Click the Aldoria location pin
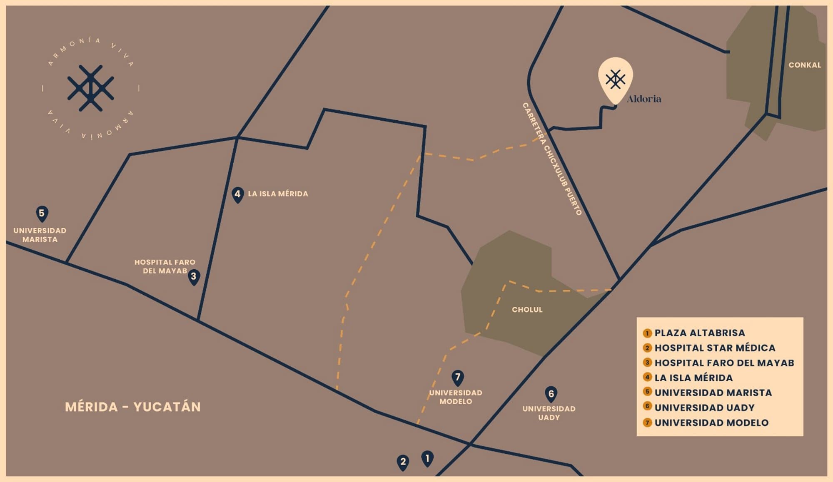click(x=615, y=79)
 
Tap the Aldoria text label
click(x=644, y=99)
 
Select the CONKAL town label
click(x=804, y=65)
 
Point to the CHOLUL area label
click(x=527, y=310)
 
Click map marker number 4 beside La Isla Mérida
click(x=237, y=194)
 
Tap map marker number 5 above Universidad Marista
click(x=42, y=214)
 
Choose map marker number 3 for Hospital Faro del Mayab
click(x=194, y=276)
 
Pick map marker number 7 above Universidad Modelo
click(x=458, y=378)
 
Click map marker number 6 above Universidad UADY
click(x=551, y=394)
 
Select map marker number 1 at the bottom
click(x=427, y=459)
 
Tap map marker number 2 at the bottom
click(x=403, y=462)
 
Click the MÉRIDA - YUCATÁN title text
click(x=133, y=407)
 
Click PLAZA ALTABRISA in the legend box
click(x=699, y=333)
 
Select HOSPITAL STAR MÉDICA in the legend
click(x=715, y=348)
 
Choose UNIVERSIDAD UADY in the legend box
click(x=704, y=408)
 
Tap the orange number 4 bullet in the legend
click(x=647, y=378)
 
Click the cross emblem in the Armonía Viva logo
click(x=90, y=88)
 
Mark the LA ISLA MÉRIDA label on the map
click(x=278, y=194)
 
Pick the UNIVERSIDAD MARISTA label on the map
click(x=40, y=235)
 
